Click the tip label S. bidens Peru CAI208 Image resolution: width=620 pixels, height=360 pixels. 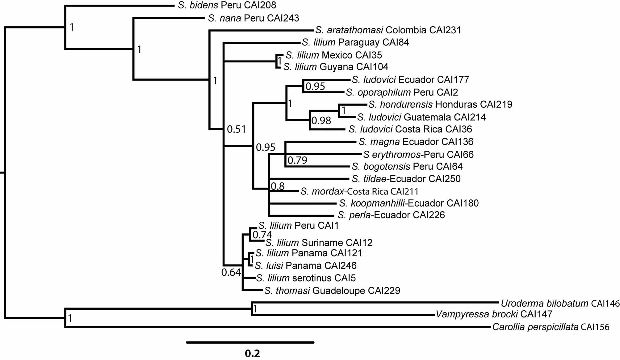pos(227,5)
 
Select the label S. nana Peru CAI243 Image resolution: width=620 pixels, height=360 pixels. pos(253,18)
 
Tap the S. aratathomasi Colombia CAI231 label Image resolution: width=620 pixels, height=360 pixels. pos(388,30)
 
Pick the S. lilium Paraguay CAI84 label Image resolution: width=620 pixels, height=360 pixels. pos(355,42)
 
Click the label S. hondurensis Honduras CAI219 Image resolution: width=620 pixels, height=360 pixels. pos(440,105)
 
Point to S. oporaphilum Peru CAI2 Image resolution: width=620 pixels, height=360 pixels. pos(402,92)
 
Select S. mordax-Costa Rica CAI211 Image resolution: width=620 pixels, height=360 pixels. pos(359,192)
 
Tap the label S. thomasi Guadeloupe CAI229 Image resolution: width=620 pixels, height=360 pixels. pos(332,291)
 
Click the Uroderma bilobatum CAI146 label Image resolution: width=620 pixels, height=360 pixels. pos(560,303)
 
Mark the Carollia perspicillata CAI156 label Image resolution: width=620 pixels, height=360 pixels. pos(551,327)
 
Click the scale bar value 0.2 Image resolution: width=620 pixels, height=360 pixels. pos(252,353)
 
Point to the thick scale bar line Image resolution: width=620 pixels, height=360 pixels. pos(250,342)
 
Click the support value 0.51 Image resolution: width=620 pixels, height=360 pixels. pos(236,129)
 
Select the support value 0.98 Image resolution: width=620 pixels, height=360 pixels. pos(321,120)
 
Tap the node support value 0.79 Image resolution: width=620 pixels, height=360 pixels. pos(297,160)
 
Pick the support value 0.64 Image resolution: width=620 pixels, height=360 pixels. pos(231,272)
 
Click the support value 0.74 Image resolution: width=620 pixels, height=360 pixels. pos(262,235)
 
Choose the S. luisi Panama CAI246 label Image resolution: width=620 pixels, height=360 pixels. pos(305,266)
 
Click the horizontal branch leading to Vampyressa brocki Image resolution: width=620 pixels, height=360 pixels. pos(343,315)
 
